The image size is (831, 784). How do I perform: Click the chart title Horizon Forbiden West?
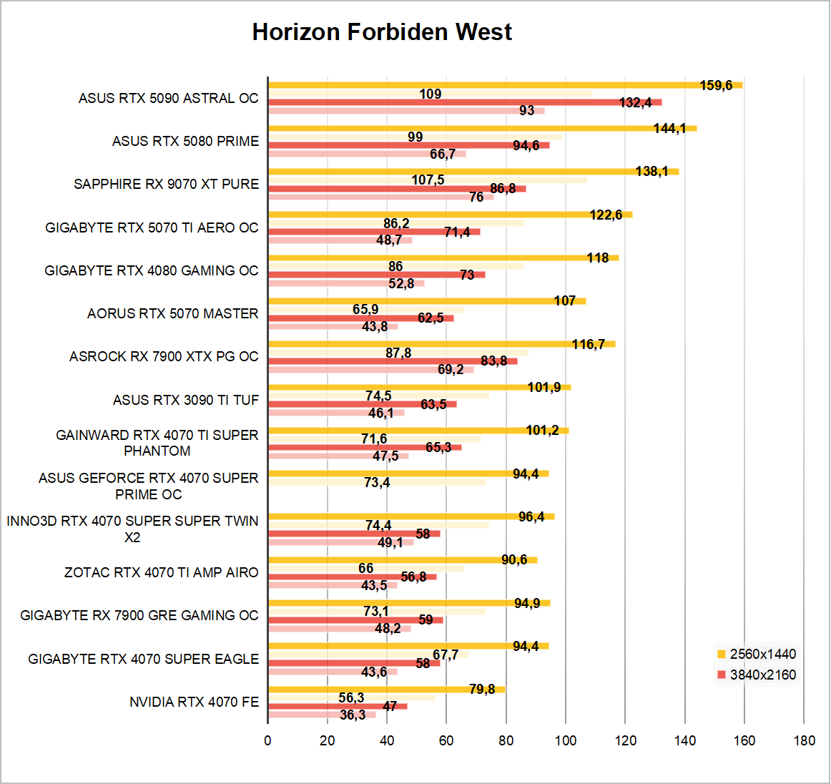382,32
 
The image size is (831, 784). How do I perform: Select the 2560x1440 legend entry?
762,654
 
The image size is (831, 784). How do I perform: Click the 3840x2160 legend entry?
762,675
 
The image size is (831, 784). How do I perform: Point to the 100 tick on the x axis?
566,740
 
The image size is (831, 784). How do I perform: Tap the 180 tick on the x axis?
804,740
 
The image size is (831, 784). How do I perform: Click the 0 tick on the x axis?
268,740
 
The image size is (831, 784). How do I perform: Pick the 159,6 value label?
716,86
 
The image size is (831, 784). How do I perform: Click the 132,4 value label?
635,103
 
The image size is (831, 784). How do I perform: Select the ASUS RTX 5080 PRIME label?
185,141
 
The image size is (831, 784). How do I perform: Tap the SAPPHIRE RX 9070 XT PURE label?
166,184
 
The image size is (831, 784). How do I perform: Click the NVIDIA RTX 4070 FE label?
194,702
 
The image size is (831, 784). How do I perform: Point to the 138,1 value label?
651,172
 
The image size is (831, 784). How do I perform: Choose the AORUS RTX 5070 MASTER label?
172,313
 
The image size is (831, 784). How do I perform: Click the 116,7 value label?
588,345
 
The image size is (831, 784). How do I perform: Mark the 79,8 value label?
482,690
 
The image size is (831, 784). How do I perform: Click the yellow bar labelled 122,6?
429,215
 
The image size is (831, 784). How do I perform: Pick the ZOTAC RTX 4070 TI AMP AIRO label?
161,572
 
